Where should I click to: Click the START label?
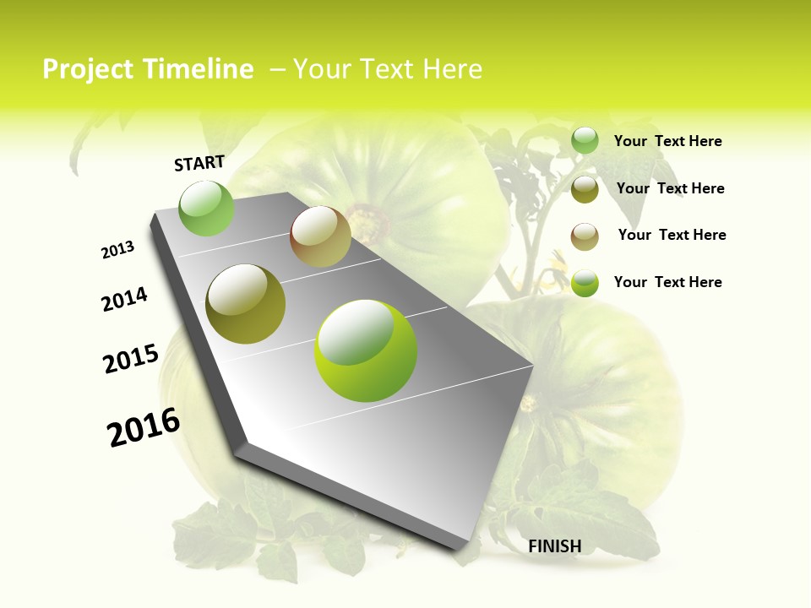(199, 163)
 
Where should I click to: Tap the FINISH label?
(555, 546)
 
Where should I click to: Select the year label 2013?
(118, 250)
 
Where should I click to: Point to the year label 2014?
(125, 299)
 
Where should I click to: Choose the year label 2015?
(131, 358)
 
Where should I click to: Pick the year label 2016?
(144, 426)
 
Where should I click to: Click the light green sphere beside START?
(207, 209)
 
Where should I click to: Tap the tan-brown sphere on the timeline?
(320, 236)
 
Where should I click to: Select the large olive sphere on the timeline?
(246, 304)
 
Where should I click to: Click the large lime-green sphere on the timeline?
(366, 350)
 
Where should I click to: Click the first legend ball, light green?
(585, 141)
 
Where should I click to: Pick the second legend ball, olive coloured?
(585, 189)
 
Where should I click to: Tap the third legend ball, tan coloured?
(585, 236)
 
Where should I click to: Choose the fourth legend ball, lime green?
(585, 283)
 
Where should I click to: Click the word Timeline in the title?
(202, 69)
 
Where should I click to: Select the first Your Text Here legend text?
(667, 141)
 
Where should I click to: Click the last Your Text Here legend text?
(667, 282)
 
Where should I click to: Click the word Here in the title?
(452, 69)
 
